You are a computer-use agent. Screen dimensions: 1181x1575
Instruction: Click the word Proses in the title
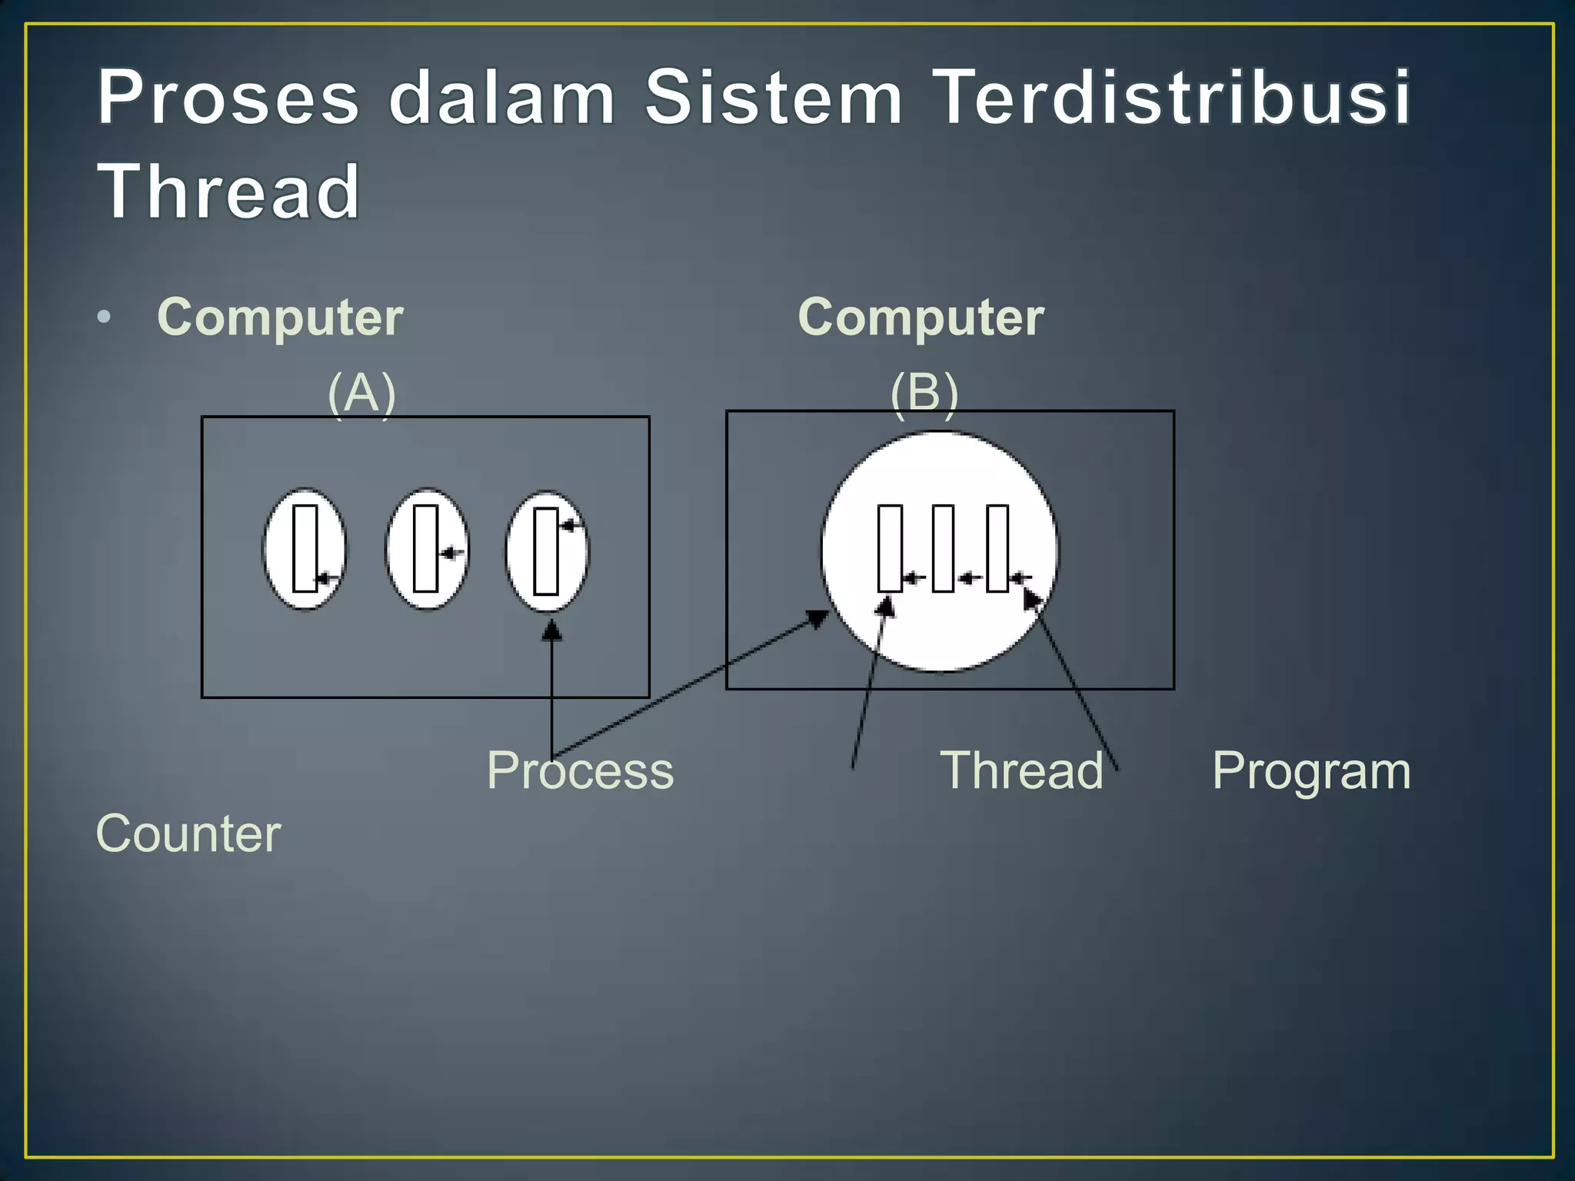pos(228,98)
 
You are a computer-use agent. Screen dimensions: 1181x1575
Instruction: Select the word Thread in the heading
pos(228,191)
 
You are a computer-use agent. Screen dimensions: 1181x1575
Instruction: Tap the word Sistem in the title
pos(773,98)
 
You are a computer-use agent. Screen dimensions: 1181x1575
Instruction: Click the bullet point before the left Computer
pos(105,317)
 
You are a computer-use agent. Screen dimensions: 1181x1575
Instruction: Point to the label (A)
pos(361,393)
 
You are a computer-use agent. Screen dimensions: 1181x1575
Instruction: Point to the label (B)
pos(924,393)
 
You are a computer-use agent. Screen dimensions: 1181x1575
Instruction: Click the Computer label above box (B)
pos(921,317)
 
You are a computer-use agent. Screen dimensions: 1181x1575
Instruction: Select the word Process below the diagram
pos(580,770)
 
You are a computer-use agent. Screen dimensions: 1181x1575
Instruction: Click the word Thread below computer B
pos(1021,770)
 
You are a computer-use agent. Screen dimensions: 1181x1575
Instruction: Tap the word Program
pos(1311,770)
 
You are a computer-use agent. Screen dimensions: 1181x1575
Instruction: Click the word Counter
pos(188,833)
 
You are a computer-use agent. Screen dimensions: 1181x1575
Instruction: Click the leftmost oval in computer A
pos(305,549)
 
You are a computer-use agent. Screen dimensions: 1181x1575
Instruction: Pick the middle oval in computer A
pos(426,549)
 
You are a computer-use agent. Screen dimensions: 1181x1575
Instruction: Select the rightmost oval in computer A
pos(546,551)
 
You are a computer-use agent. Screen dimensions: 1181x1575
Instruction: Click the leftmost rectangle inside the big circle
pos(890,548)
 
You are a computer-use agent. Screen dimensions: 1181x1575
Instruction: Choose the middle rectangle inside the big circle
pos(943,548)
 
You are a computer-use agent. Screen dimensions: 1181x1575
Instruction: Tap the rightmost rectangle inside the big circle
pos(997,548)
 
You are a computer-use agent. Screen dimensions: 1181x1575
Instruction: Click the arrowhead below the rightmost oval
pos(551,631)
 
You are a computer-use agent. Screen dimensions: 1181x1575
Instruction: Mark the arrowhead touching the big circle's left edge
pos(818,617)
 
